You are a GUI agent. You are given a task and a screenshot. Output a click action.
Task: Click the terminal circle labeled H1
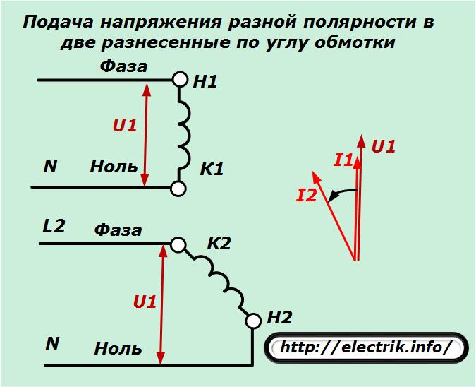pyautogui.click(x=181, y=80)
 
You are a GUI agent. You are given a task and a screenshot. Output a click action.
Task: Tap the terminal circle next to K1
pyautogui.click(x=178, y=189)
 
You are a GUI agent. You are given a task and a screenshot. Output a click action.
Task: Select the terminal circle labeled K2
pyautogui.click(x=178, y=245)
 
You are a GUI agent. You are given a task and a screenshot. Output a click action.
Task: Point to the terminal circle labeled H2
pyautogui.click(x=253, y=321)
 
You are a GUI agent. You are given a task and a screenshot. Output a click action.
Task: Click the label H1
pyautogui.click(x=205, y=82)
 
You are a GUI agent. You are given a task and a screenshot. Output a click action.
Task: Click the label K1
pyautogui.click(x=212, y=169)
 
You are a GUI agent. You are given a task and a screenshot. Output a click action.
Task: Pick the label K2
pyautogui.click(x=219, y=243)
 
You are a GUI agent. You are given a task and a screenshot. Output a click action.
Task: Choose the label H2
pyautogui.click(x=279, y=318)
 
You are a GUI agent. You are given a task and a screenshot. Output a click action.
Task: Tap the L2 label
pyautogui.click(x=54, y=226)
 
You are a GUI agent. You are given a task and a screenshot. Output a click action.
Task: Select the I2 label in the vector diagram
pyautogui.click(x=307, y=195)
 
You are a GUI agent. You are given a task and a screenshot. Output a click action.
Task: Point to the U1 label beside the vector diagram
pyautogui.click(x=384, y=146)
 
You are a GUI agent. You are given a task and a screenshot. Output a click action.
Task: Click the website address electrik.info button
pyautogui.click(x=366, y=347)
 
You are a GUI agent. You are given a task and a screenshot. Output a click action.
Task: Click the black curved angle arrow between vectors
pyautogui.click(x=343, y=192)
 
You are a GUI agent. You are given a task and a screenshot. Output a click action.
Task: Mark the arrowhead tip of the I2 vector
pyautogui.click(x=312, y=172)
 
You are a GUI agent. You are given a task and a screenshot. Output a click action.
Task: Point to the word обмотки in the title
pyautogui.click(x=355, y=42)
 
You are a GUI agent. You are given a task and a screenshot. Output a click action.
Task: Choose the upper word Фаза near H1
pyautogui.click(x=124, y=66)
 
